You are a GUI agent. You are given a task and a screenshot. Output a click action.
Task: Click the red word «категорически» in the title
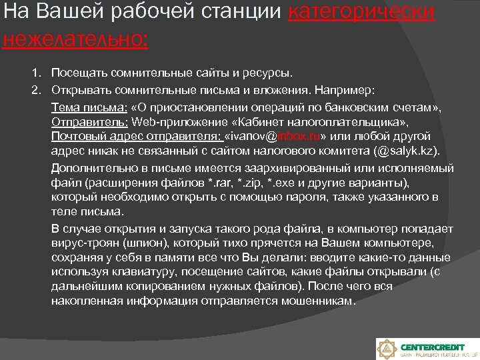(x=362, y=14)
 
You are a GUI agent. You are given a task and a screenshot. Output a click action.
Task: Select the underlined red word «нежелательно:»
(x=75, y=39)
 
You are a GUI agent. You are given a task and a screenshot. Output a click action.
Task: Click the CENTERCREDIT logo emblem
(x=387, y=349)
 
